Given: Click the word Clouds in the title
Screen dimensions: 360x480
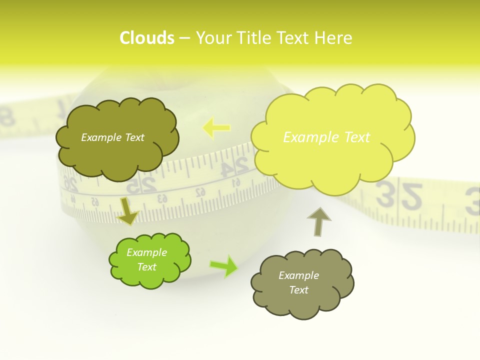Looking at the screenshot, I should click(x=147, y=38).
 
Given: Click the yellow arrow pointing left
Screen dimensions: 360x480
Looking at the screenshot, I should click(x=216, y=127).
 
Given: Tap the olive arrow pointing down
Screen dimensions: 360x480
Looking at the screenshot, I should click(x=127, y=211).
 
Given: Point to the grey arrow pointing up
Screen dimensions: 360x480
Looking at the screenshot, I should click(x=318, y=221).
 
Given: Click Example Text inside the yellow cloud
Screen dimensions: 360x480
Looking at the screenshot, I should click(x=326, y=137).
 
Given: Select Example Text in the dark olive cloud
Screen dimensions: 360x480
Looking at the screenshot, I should click(x=112, y=137).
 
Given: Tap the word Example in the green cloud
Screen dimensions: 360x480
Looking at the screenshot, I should click(x=146, y=252).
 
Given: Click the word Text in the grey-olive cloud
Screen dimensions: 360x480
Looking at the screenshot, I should click(x=298, y=290).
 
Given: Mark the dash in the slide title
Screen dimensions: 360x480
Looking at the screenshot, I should click(x=184, y=38).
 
